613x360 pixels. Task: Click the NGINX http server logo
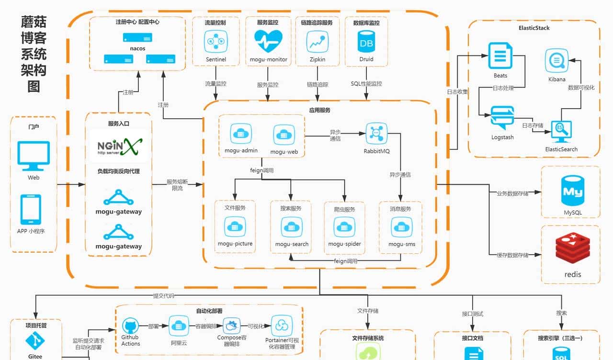click(118, 146)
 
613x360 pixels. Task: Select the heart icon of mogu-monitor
click(268, 41)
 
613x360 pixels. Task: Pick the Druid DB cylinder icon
click(366, 42)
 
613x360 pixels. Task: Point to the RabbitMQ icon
click(376, 134)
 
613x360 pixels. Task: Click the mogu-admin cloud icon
click(241, 134)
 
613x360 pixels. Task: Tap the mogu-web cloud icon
click(284, 135)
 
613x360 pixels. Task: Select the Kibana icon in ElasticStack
click(556, 61)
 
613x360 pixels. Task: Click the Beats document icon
click(500, 56)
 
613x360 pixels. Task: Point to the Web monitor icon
click(34, 156)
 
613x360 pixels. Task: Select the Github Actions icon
click(130, 326)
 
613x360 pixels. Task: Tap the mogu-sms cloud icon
click(402, 227)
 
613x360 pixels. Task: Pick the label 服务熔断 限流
click(177, 185)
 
